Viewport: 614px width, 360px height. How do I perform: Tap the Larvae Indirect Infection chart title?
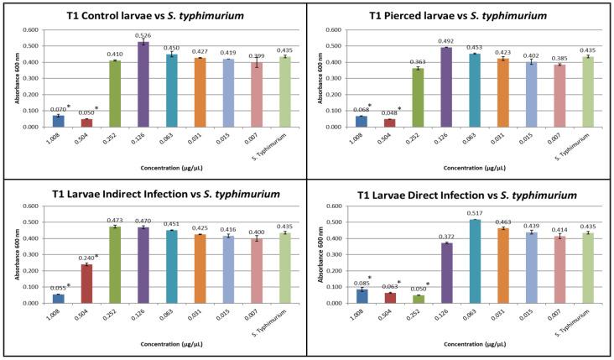point(153,194)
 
